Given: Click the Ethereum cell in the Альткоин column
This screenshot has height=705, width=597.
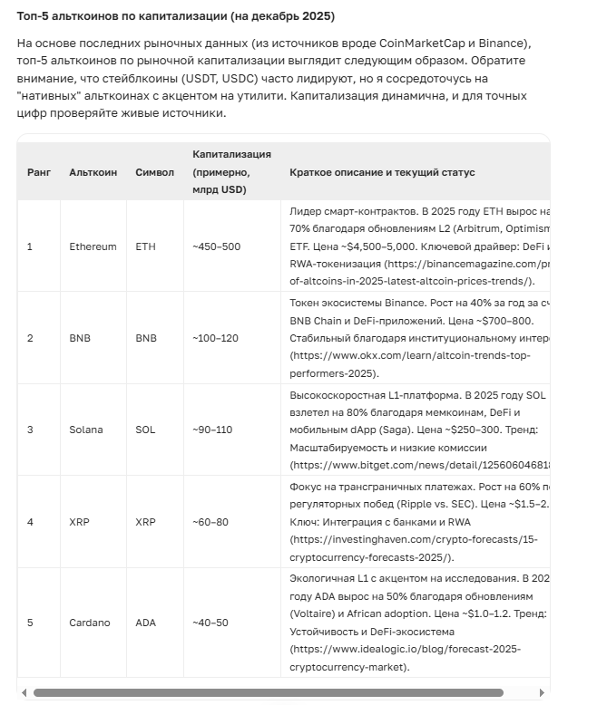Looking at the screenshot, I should coord(93,246).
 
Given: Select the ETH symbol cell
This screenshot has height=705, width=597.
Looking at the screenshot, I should coord(145,246).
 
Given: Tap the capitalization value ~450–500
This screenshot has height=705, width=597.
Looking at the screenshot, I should coord(216,246).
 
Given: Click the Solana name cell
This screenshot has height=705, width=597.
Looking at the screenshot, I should coord(86,430).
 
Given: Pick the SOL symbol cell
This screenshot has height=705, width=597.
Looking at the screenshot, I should coord(145,430).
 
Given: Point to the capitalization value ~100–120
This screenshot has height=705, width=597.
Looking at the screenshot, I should coord(216,338).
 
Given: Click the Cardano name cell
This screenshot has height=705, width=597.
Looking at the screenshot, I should coord(89,623).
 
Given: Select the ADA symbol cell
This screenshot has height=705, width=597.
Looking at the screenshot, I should coord(146,623).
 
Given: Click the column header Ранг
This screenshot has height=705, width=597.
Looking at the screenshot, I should coord(39,172).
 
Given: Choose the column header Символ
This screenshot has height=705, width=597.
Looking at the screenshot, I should coord(154,172).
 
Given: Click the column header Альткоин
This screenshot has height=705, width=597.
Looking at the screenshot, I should coord(93,172).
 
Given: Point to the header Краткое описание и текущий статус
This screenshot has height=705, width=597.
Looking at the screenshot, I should coord(382,172).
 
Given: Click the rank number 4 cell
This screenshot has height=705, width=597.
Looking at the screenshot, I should coord(30,522).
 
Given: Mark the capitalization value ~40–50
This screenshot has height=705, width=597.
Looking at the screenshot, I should coord(210,623).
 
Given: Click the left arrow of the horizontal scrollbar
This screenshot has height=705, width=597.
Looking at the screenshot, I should coord(24,693).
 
